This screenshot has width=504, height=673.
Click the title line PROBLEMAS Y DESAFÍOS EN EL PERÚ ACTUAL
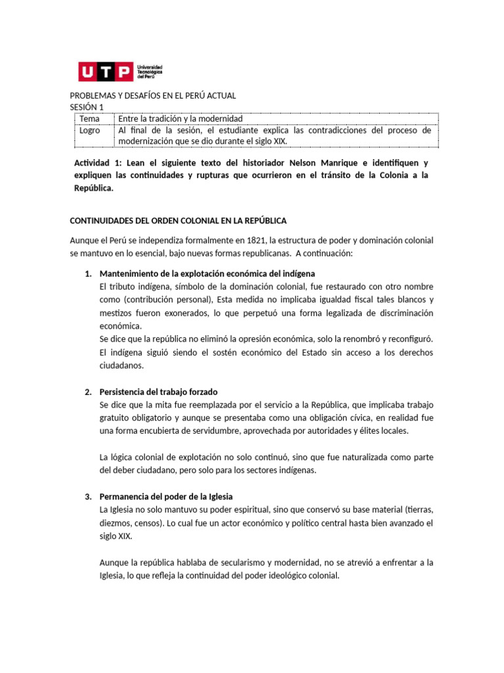coord(153,96)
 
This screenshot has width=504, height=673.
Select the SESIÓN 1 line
coord(87,107)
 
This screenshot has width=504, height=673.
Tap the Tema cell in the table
coord(90,119)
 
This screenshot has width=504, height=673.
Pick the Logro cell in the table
coord(91,130)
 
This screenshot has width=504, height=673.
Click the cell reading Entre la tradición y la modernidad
coord(180,119)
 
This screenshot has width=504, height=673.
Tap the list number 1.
coord(88,273)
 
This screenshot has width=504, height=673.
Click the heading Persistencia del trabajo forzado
coord(158,392)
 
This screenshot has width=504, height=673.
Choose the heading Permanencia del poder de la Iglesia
coord(166,496)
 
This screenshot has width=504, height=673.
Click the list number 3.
coord(88,496)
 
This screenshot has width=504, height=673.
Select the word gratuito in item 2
coord(115,418)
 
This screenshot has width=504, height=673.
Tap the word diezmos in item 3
coord(115,523)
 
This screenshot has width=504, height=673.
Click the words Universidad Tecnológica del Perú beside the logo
coord(150,71)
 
